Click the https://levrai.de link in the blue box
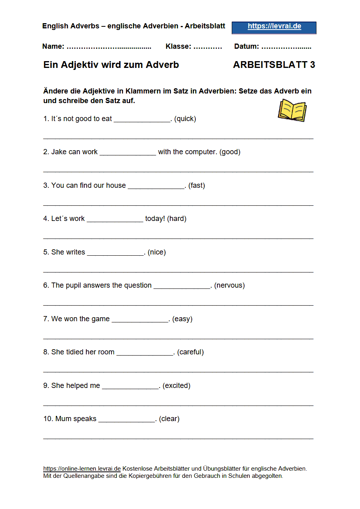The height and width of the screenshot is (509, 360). pyautogui.click(x=274, y=26)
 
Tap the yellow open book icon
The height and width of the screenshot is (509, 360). pyautogui.click(x=292, y=110)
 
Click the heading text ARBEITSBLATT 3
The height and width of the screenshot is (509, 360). pyautogui.click(x=274, y=65)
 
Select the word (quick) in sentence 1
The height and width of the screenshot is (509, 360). pyautogui.click(x=185, y=119)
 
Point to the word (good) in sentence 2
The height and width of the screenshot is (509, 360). pyautogui.click(x=230, y=152)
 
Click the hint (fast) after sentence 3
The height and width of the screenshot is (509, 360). pyautogui.click(x=197, y=185)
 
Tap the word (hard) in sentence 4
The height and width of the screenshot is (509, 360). pyautogui.click(x=177, y=219)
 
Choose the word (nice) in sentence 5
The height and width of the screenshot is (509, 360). pyautogui.click(x=157, y=252)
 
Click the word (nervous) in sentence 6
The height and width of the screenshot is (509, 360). pyautogui.click(x=229, y=285)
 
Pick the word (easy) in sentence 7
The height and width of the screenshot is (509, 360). pyautogui.click(x=182, y=319)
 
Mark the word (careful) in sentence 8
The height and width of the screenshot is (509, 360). pyautogui.click(x=191, y=352)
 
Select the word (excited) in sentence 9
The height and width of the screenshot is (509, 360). pyautogui.click(x=176, y=386)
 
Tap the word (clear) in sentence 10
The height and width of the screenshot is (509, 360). pyautogui.click(x=169, y=419)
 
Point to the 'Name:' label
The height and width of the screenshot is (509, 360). pyautogui.click(x=53, y=46)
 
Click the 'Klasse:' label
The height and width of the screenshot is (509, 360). pyautogui.click(x=178, y=46)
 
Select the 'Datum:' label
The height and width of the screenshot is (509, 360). pyautogui.click(x=247, y=46)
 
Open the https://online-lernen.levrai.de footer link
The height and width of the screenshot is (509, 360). pyautogui.click(x=82, y=468)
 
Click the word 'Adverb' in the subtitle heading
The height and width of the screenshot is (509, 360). pyautogui.click(x=162, y=65)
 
